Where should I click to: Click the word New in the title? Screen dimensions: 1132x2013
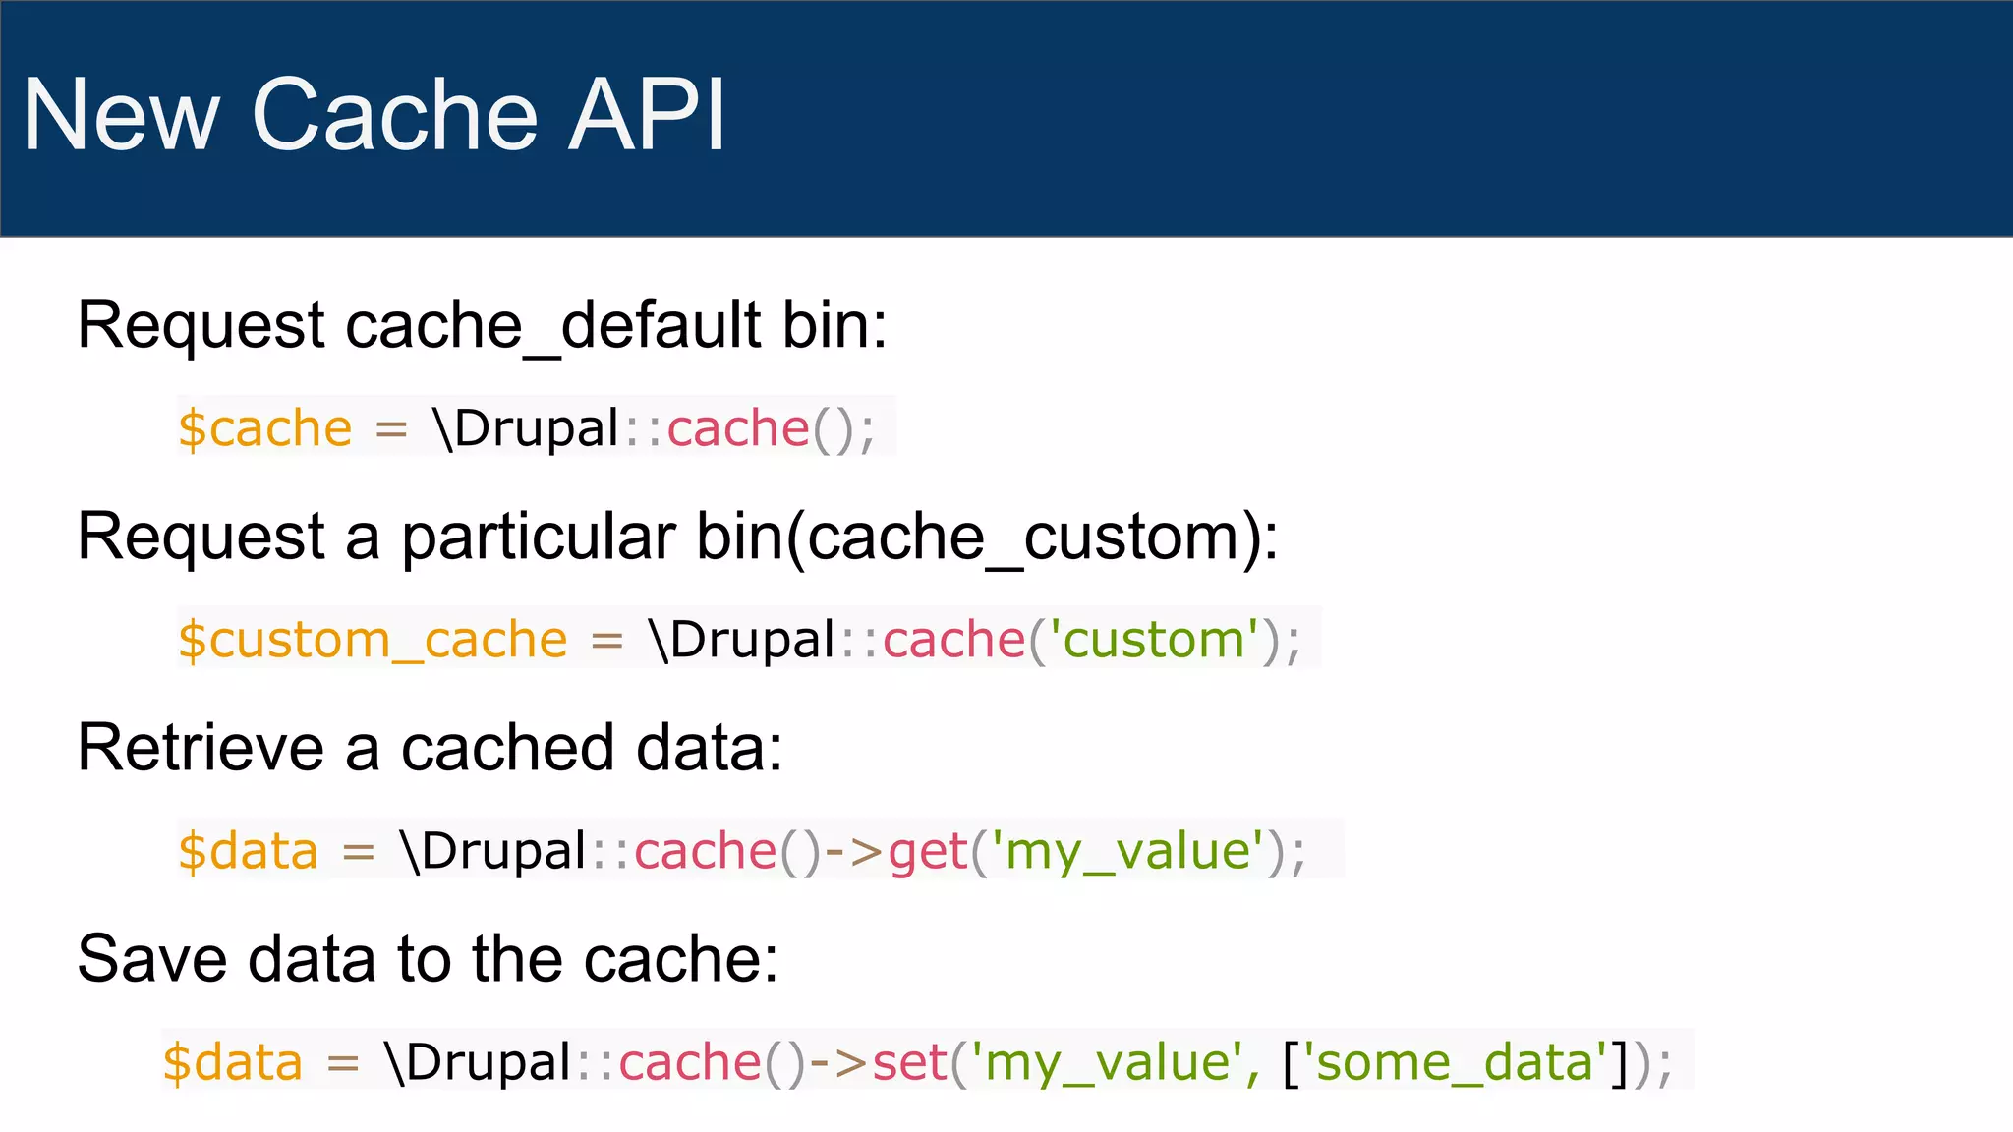point(121,115)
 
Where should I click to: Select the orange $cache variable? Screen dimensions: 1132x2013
point(264,429)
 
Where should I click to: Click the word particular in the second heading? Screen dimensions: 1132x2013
point(538,538)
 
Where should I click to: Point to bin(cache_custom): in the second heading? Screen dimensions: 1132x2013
point(987,538)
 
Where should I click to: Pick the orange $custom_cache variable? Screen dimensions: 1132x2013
point(373,641)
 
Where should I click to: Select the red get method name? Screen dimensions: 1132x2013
point(928,852)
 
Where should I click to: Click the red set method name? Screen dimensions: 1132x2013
point(909,1063)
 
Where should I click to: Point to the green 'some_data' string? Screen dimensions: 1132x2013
point(1455,1063)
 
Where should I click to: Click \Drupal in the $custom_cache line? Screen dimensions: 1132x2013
point(742,641)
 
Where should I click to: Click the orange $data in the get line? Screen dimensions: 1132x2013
point(248,852)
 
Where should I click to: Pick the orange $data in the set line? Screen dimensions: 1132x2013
point(233,1063)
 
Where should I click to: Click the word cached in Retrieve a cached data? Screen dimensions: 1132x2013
point(507,748)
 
